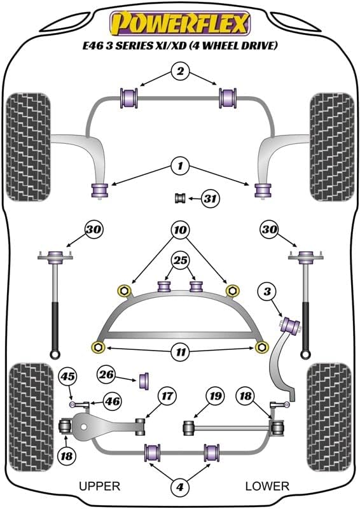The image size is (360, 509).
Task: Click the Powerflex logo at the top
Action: click(x=180, y=23)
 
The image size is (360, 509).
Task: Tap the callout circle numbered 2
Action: click(x=180, y=71)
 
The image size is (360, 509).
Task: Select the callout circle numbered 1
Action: click(x=180, y=166)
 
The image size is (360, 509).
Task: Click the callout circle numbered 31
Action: click(x=211, y=198)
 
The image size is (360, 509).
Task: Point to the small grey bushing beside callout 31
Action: click(x=180, y=198)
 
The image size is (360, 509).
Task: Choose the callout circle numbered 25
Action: click(x=181, y=260)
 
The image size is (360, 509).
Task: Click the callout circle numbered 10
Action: click(x=181, y=230)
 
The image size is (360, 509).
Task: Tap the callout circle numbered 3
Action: click(x=267, y=291)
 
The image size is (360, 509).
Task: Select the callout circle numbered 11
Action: click(x=181, y=352)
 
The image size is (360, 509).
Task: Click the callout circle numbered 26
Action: click(x=106, y=375)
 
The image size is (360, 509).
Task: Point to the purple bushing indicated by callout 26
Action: click(x=144, y=380)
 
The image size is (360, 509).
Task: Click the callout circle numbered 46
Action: click(x=112, y=401)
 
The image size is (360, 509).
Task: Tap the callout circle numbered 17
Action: click(x=167, y=396)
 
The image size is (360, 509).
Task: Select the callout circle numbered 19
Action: click(x=216, y=396)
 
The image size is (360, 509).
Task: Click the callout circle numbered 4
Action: click(x=180, y=487)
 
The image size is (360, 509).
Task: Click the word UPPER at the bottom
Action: click(x=100, y=486)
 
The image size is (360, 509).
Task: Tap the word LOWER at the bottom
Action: click(x=267, y=486)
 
